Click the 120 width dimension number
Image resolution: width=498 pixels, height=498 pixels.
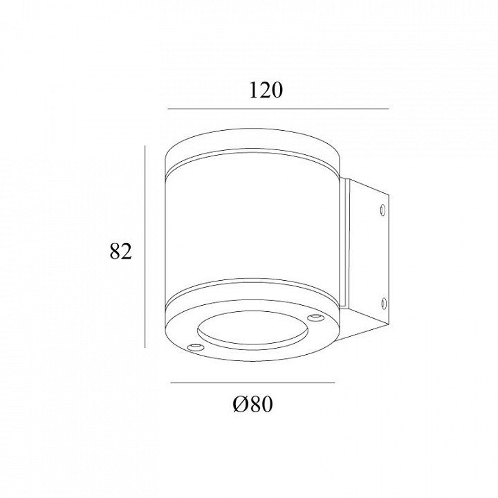click(266, 90)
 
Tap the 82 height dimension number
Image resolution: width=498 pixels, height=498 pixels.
click(120, 252)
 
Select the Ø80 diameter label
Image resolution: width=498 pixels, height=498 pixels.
click(253, 404)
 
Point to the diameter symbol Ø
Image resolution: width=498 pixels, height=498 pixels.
click(240, 404)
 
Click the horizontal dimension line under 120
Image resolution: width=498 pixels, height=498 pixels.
click(278, 109)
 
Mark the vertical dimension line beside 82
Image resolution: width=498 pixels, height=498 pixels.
click(145, 246)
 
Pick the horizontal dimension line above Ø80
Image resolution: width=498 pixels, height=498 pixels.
click(253, 382)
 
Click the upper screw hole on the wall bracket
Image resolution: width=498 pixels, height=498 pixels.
click(383, 210)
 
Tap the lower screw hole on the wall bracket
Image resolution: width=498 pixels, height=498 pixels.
click(383, 304)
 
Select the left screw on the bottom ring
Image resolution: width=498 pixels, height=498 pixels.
click(194, 347)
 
